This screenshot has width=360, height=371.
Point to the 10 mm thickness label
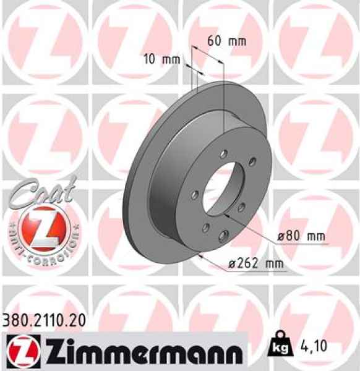[159, 59]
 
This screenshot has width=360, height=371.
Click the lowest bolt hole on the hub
[221, 234]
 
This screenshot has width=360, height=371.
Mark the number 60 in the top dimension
[214, 41]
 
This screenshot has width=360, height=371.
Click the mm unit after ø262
[275, 263]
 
